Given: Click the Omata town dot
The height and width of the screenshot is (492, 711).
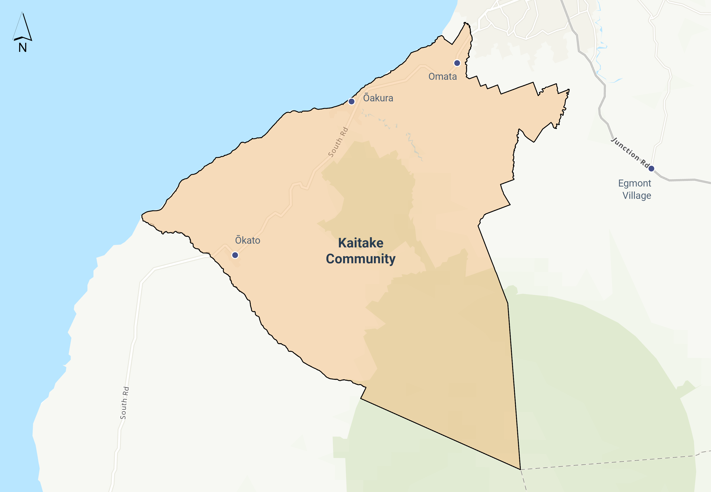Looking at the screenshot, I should [x=457, y=63].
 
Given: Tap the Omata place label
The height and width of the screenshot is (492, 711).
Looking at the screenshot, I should [x=442, y=76].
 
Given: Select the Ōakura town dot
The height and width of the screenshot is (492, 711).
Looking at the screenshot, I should [x=351, y=101].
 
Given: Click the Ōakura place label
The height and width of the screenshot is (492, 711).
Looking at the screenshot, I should [x=378, y=98].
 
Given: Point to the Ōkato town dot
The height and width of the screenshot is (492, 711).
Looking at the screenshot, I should [x=235, y=255].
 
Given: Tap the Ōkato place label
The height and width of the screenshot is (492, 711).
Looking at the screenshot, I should [x=247, y=240].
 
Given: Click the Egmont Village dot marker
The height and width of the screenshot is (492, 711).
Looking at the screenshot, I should [x=651, y=168].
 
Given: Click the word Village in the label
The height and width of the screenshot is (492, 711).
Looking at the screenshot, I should [x=637, y=196].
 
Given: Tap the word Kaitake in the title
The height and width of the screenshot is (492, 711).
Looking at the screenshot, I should [x=361, y=243].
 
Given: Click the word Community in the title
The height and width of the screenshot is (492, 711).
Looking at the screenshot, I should [x=361, y=259].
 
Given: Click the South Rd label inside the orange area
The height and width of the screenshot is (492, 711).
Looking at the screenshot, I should [x=338, y=142].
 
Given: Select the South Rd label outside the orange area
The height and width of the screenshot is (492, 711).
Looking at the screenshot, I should [x=125, y=403].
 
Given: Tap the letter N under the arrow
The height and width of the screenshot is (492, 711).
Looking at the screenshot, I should [x=22, y=48].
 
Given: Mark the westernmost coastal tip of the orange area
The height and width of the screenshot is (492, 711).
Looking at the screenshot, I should [x=142, y=215].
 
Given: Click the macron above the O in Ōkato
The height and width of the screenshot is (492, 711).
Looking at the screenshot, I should [x=238, y=236].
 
